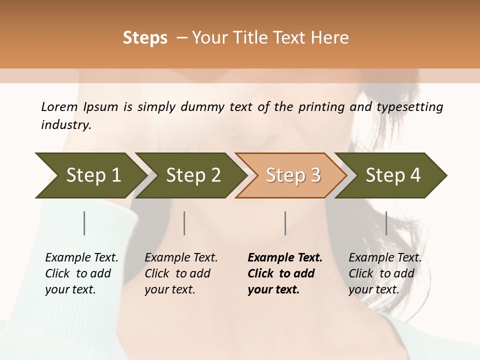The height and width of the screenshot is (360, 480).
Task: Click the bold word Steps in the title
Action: click(145, 38)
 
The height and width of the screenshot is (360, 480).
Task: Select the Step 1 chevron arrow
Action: click(90, 175)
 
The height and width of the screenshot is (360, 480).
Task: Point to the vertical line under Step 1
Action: click(84, 223)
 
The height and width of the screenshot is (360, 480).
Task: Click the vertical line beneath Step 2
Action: click(184, 223)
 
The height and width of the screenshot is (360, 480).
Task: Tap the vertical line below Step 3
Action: click(285, 223)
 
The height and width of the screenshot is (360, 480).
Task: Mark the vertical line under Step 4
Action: click(386, 223)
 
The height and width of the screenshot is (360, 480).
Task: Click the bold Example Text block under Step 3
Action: click(285, 273)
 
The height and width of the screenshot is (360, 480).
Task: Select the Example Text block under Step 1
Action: click(81, 273)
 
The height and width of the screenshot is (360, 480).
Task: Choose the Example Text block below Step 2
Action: click(181, 273)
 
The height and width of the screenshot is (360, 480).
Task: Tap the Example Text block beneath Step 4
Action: click(385, 273)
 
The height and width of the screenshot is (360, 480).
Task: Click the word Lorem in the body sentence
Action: click(59, 107)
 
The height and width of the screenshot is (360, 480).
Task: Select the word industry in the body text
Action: click(65, 125)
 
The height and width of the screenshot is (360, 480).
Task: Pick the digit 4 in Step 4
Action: click(414, 175)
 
